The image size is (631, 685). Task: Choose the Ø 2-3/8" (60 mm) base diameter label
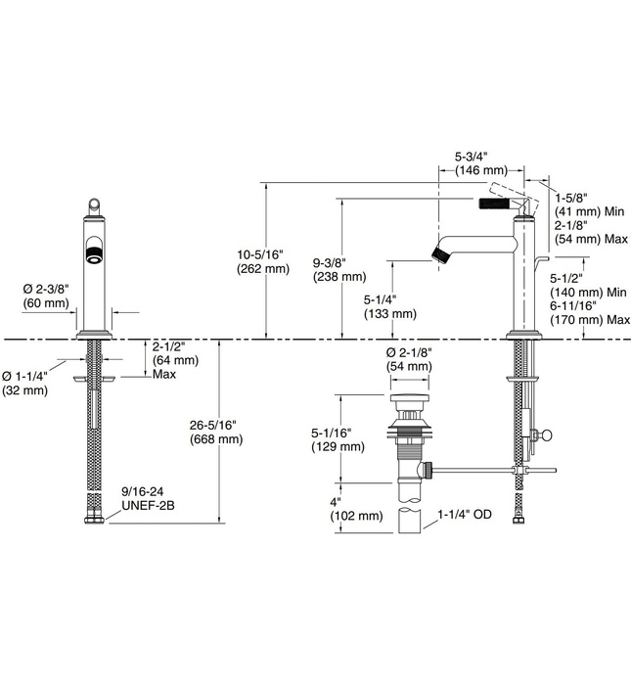pyautogui.click(x=46, y=296)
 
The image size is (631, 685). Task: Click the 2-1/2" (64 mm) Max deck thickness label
pyautogui.click(x=175, y=359)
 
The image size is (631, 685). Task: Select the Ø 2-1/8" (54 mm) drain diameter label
pyautogui.click(x=409, y=358)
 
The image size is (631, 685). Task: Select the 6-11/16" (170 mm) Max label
pyautogui.click(x=588, y=312)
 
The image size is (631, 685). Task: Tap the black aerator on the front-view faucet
pyautogui.click(x=95, y=257)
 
